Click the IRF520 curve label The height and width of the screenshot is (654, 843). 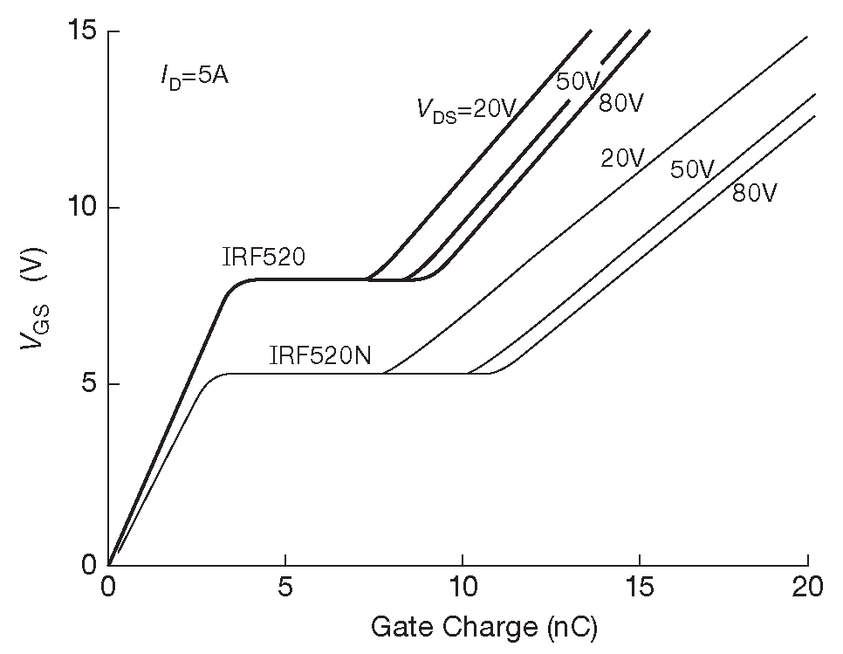264,257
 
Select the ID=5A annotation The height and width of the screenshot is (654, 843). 195,77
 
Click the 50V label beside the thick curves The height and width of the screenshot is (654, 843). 577,81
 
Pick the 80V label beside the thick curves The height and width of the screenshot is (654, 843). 621,103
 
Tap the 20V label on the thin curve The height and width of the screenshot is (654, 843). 622,158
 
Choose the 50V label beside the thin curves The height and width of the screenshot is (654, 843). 692,169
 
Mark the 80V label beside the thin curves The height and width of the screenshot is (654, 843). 755,193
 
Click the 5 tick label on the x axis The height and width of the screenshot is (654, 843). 285,587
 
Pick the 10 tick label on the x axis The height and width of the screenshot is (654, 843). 463,587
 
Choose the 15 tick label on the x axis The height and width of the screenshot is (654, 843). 640,587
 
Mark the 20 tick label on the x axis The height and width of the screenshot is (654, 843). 809,587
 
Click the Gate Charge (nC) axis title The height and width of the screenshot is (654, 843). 484,627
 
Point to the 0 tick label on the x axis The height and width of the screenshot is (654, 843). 109,587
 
